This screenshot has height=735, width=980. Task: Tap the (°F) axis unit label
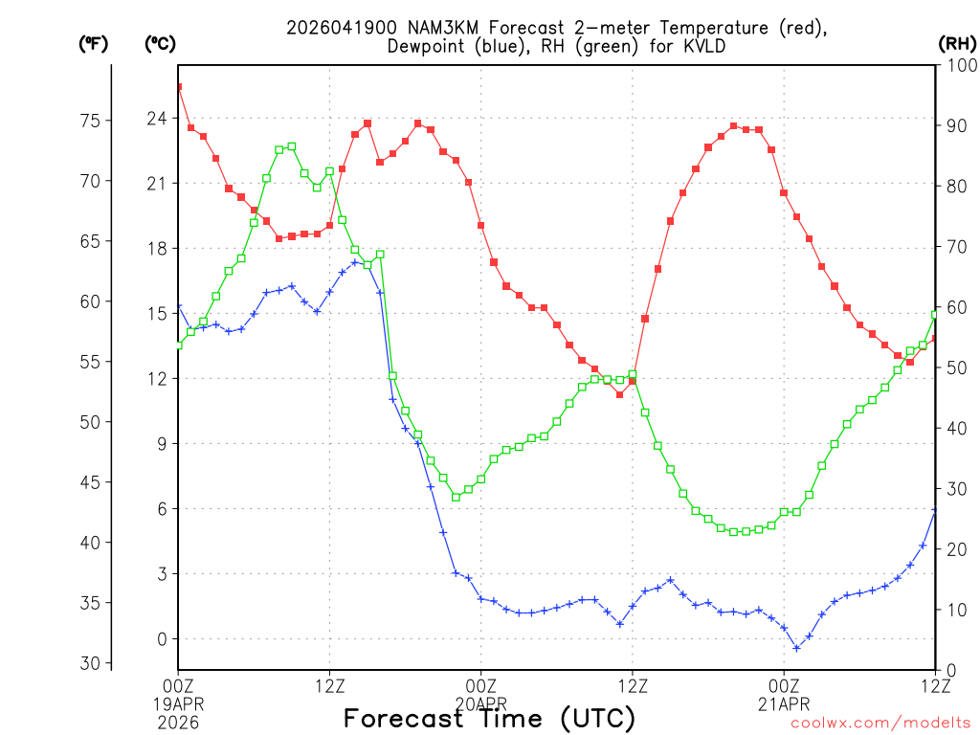coord(94,43)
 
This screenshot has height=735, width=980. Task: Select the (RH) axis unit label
coord(956,43)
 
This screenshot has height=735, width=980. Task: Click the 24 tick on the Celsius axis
coord(156,118)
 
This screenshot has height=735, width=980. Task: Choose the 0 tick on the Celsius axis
coord(162,638)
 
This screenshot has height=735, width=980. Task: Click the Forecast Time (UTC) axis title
coord(489,719)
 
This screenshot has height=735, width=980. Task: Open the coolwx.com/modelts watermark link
coord(880,724)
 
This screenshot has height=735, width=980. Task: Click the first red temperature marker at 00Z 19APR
coord(178,87)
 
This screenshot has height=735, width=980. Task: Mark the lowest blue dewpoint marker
coord(796,648)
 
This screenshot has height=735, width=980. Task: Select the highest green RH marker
coord(292,146)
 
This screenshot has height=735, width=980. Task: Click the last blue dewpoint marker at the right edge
coord(935,510)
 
